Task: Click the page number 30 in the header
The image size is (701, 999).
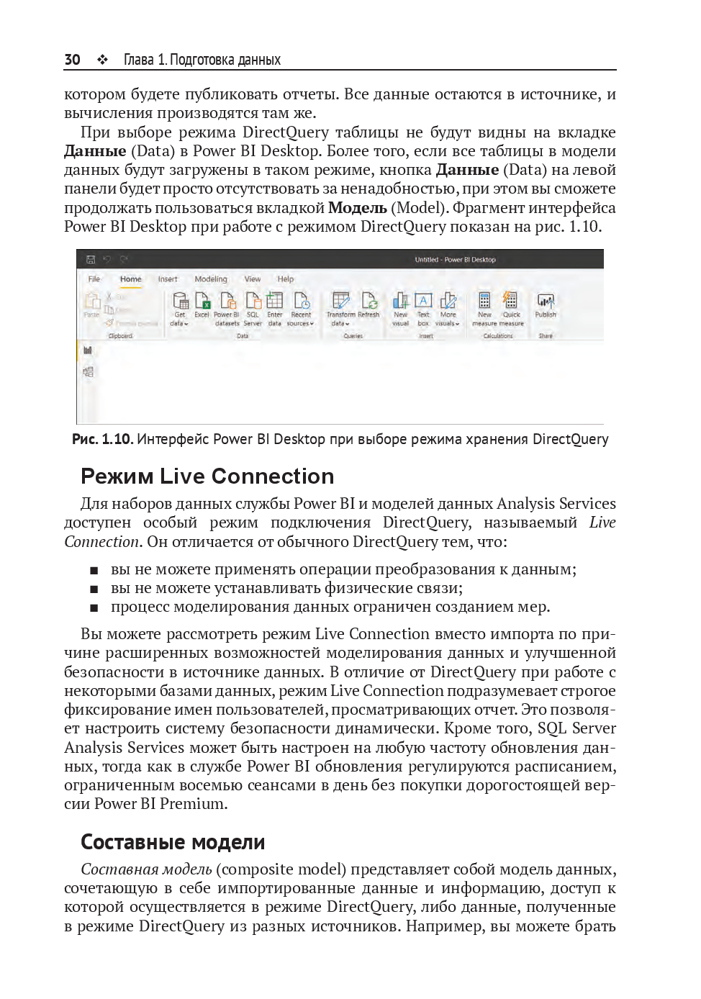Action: coord(72,60)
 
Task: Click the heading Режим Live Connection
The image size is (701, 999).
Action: coord(207,476)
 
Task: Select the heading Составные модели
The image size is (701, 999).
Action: coord(173,842)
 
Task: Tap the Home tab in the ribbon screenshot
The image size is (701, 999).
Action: coord(131,279)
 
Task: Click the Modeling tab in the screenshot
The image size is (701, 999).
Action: coord(210,279)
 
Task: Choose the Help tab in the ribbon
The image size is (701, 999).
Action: coord(286,279)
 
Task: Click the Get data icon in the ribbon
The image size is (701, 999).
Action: coord(180,302)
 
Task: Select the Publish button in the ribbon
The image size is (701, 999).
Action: coord(546,303)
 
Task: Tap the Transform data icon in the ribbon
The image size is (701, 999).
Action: coord(340,302)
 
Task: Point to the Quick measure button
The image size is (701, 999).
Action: coord(511,302)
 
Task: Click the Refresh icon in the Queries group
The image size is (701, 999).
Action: coord(369,302)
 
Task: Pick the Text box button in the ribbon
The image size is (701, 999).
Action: coord(423,302)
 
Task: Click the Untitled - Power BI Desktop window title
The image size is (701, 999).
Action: coord(455,260)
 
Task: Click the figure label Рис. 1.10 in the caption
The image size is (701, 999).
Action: coord(101,439)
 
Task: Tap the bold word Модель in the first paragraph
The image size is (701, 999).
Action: coord(358,208)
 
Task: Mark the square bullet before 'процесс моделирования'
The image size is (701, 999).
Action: coord(94,608)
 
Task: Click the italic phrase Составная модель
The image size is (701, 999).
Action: coord(146,869)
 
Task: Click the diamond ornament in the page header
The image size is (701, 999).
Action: coord(102,60)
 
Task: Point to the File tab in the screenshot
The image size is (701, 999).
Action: coord(94,279)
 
